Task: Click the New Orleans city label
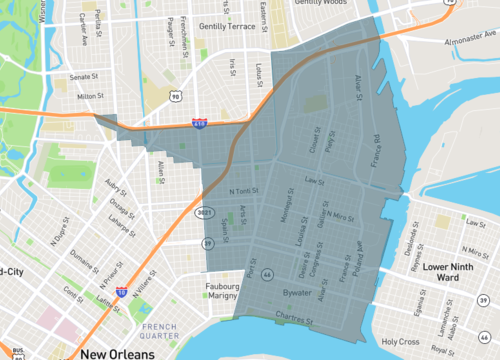pyautogui.click(x=125, y=353)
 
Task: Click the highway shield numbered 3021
pyautogui.click(x=206, y=212)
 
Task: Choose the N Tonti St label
pyautogui.click(x=244, y=191)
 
